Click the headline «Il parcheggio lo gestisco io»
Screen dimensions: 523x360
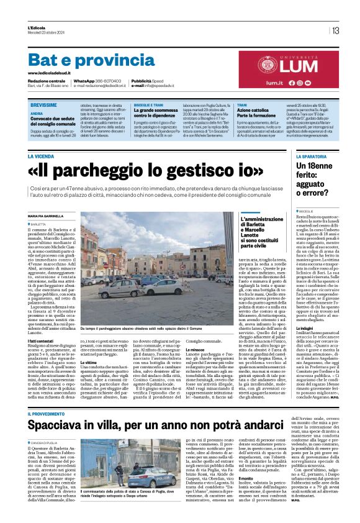[146, 170]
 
